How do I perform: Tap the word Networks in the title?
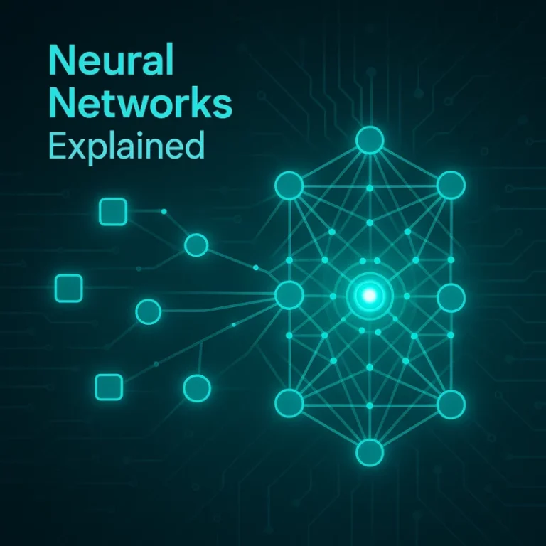tap(140, 102)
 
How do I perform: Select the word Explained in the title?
tap(126, 146)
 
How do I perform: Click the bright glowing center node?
tap(370, 296)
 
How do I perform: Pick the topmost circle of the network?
tap(370, 140)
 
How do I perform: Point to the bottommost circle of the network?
tap(370, 452)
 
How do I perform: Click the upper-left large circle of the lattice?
tap(289, 186)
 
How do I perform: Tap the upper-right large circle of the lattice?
tap(451, 185)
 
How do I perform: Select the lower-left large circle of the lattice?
tap(289, 403)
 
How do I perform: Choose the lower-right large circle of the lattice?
tap(451, 405)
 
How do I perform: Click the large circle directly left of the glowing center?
tap(289, 295)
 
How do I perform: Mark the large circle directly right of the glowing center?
tap(451, 297)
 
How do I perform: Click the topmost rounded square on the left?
tap(113, 212)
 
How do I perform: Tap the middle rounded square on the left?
tap(69, 288)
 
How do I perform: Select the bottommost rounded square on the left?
tap(109, 387)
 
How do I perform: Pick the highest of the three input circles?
tap(196, 245)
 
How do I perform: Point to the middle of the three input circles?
tap(149, 311)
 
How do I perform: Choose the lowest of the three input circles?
tap(197, 388)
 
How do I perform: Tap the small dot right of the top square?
tap(164, 211)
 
